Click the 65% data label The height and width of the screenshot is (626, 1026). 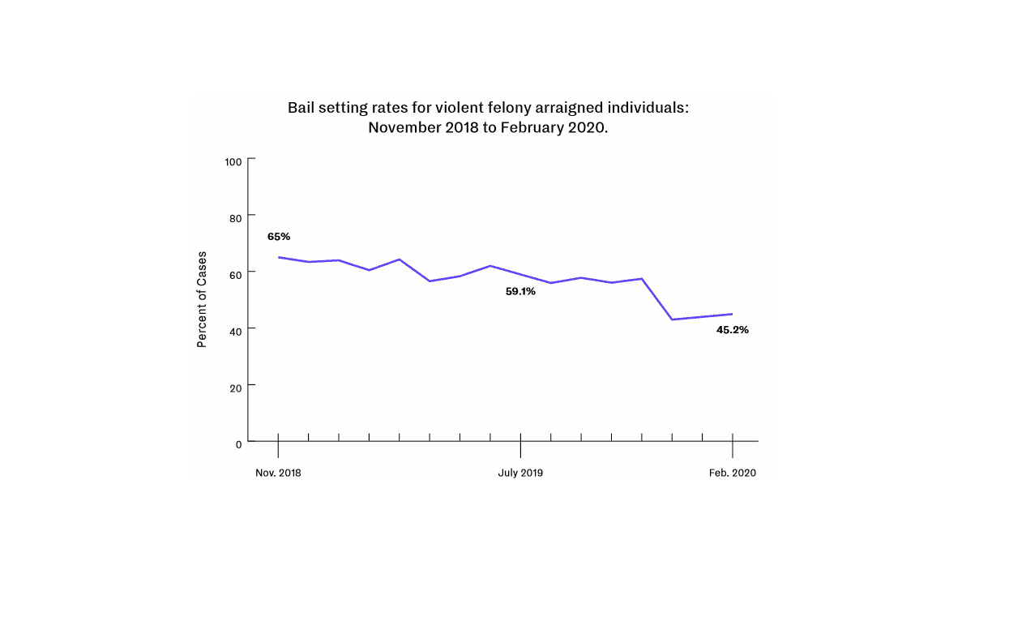click(279, 237)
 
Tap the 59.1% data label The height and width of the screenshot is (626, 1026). click(520, 291)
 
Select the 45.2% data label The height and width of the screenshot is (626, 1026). click(733, 330)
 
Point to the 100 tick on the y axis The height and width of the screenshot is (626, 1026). click(233, 162)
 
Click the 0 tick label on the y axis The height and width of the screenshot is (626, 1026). click(238, 444)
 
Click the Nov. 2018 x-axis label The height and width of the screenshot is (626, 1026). click(278, 473)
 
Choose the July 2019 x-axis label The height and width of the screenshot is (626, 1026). click(520, 473)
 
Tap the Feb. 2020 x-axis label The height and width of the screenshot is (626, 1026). click(733, 473)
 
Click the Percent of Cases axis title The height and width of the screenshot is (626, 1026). click(202, 299)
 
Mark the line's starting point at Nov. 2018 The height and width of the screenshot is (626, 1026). click(279, 257)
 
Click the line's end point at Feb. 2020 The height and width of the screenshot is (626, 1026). click(733, 314)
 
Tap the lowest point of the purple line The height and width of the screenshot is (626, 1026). click(672, 319)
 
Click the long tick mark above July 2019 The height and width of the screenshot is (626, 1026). click(520, 448)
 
